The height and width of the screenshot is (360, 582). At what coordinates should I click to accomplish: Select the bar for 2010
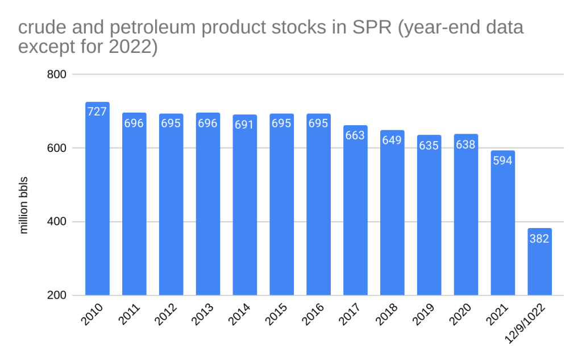point(97,199)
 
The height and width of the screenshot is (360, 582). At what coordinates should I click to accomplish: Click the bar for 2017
point(356,210)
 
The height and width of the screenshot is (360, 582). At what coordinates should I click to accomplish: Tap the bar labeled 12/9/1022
point(540,262)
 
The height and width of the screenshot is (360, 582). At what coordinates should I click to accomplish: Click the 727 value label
point(97,112)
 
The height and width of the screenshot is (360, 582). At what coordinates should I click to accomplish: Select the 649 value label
point(392,140)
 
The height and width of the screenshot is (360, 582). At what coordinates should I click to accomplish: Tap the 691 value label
point(245,125)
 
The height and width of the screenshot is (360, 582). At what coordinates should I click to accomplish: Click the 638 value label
point(466,144)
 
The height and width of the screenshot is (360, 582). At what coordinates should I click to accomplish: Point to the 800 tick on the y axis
point(56,75)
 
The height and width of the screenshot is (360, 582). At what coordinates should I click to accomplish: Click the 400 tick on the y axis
point(56,222)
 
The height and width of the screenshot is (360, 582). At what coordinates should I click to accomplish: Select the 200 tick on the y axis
point(56,296)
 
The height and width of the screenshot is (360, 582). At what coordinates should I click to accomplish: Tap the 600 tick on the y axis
point(56,148)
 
